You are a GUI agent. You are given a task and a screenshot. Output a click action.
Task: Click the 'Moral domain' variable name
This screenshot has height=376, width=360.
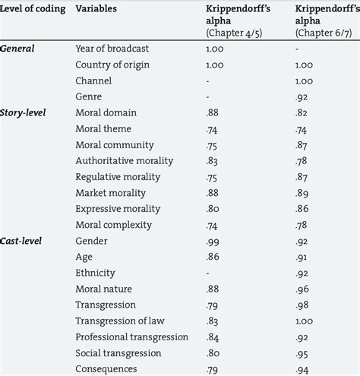107,112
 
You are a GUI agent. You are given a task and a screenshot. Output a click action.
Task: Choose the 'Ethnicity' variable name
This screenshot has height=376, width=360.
96,272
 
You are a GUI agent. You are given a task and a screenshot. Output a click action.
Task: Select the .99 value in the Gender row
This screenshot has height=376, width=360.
214,240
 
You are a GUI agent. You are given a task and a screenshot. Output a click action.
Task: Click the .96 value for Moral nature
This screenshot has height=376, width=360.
302,289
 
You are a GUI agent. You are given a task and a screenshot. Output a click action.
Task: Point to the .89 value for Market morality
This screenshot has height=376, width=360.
302,193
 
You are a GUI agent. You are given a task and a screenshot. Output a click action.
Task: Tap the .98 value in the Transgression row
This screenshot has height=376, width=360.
302,305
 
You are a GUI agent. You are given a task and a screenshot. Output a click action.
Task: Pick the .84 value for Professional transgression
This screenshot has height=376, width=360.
214,337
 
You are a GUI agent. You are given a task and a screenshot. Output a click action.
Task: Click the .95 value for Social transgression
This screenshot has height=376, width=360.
302,352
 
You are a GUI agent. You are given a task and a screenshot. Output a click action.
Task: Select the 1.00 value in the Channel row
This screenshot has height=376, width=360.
305,81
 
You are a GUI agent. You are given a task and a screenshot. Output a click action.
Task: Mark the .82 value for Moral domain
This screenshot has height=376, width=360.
302,112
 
